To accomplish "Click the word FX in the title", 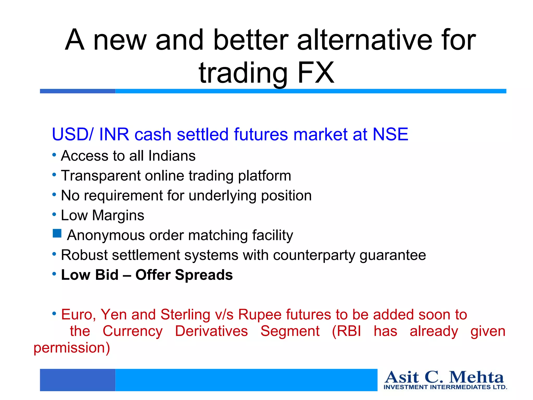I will coord(315,73).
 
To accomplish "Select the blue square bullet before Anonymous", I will coord(57,234).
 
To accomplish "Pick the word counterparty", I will coord(314,255).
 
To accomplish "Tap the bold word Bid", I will coord(107,275).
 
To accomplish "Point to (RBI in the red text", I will coord(346,331).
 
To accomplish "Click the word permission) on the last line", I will coord(72,348).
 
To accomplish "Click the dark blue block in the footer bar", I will coord(78,380).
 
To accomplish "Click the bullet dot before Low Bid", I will coord(54,274).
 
